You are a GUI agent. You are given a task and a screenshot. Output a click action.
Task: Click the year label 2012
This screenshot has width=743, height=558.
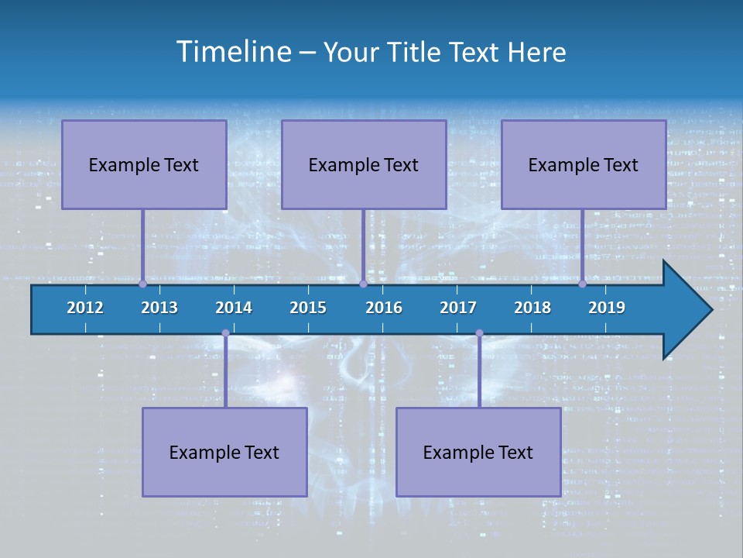pos(85,308)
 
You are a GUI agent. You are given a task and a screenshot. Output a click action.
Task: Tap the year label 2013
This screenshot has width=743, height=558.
pos(159,308)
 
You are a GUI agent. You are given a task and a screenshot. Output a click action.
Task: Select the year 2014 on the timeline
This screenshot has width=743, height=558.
pos(234,308)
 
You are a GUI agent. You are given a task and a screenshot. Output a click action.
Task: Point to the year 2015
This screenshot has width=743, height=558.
pos(308,308)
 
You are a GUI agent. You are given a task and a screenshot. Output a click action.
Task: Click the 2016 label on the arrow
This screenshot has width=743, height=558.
pos(384,308)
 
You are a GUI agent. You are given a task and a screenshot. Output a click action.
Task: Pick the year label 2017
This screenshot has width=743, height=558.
pos(458,308)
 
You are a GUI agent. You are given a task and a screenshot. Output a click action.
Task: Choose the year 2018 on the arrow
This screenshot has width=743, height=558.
pos(532,308)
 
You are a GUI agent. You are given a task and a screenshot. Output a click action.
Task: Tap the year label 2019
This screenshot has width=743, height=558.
pos(607,308)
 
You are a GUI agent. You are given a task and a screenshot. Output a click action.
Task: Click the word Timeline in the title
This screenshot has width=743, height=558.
pos(233,52)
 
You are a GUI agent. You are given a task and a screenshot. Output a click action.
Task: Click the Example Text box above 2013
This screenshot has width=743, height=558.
pos(144,164)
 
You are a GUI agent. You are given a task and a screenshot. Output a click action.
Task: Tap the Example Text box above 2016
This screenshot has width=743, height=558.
pos(364,164)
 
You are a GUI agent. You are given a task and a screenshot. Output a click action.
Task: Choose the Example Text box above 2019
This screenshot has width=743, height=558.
pos(584,164)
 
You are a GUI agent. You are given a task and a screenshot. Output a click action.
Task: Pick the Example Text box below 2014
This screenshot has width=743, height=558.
pos(224,452)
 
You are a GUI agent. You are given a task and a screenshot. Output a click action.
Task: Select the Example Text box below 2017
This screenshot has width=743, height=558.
pos(478,452)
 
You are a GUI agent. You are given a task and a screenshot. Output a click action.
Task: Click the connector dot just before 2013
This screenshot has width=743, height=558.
pos(142,284)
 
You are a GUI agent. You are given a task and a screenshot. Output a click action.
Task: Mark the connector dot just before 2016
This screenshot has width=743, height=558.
pos(363,284)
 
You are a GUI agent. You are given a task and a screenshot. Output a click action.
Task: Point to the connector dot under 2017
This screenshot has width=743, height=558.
pos(479,333)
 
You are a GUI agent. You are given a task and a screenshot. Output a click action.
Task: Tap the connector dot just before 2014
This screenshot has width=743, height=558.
pos(225,333)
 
